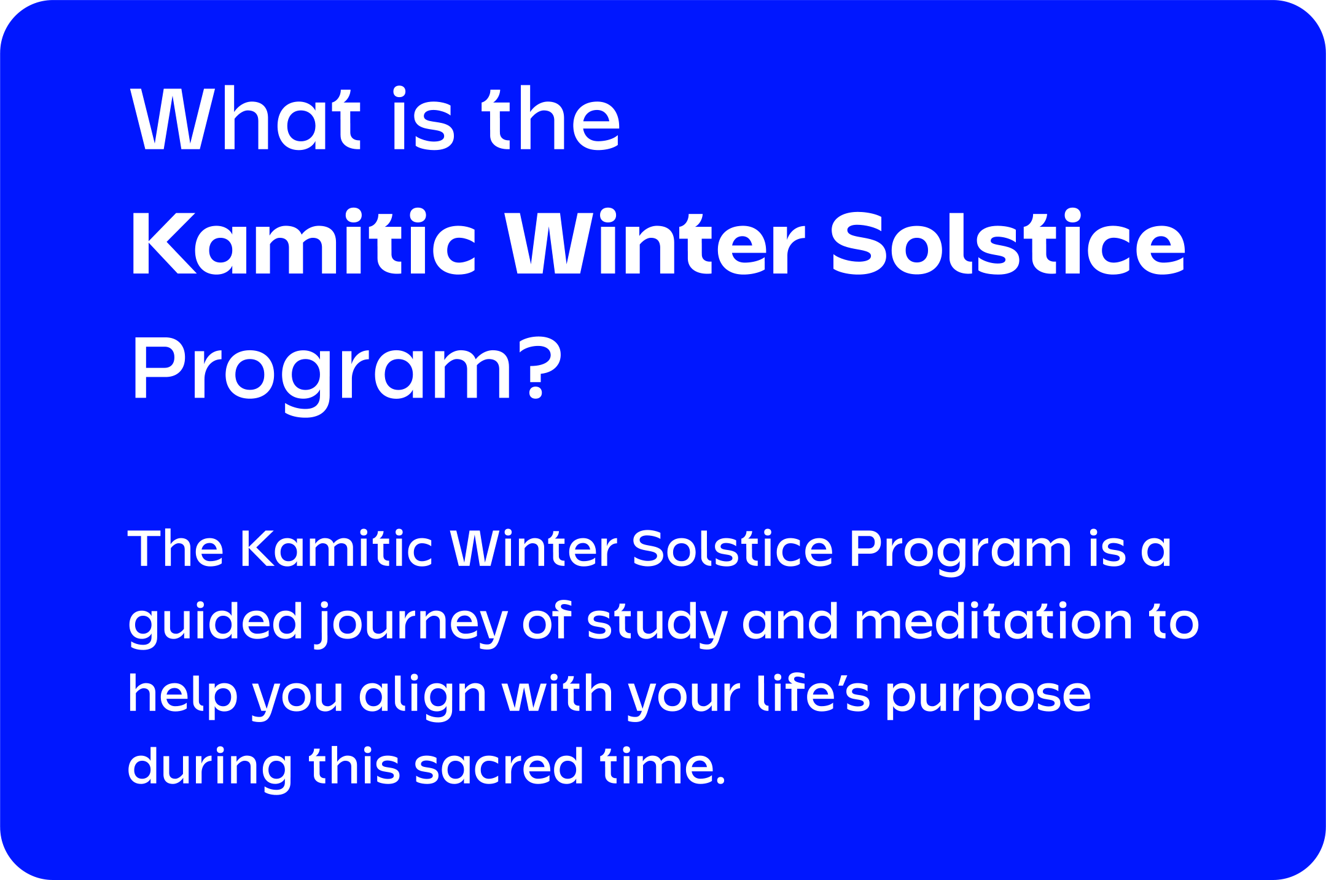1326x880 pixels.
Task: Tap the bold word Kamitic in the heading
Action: coord(303,243)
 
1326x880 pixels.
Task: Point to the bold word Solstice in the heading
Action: coord(1008,243)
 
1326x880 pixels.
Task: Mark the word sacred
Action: coord(499,766)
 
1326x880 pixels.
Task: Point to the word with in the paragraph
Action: coord(558,693)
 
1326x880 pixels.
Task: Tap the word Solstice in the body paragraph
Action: coord(732,548)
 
